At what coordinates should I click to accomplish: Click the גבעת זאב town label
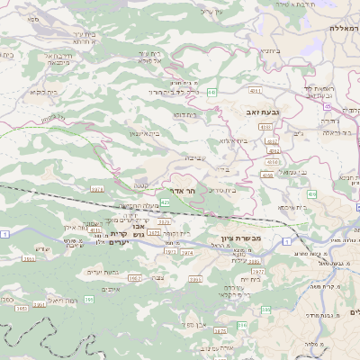coord(260,112)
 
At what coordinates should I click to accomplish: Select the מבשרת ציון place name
coord(240,238)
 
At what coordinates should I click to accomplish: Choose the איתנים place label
coord(112,289)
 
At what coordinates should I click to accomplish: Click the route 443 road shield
coord(211,92)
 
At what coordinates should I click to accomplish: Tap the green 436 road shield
coord(311,194)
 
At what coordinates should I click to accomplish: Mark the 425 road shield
coord(166,202)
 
